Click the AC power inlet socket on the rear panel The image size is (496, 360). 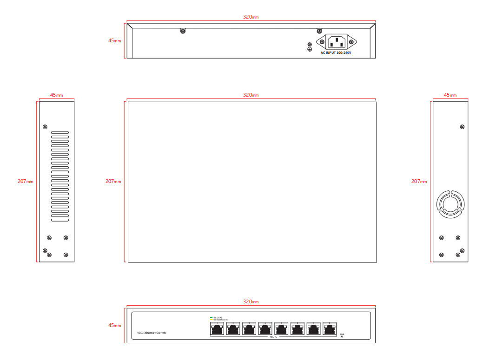click(x=336, y=42)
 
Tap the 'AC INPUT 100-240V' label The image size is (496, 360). click(x=336, y=53)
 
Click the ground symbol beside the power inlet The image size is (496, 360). click(x=310, y=48)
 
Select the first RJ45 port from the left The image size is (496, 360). click(x=217, y=329)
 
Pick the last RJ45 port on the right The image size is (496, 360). click(x=330, y=329)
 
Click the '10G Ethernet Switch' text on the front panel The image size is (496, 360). click(x=152, y=333)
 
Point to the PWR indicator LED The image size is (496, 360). click(x=342, y=336)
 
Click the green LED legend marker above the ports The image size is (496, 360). click(x=211, y=318)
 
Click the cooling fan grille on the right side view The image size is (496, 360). click(x=450, y=204)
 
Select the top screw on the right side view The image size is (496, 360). click(x=462, y=126)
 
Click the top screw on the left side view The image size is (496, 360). click(x=45, y=126)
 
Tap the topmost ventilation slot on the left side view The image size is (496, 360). click(x=60, y=133)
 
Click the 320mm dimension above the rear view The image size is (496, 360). click(x=251, y=17)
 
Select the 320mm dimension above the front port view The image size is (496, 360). click(x=251, y=302)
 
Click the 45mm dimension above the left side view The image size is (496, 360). click(x=56, y=95)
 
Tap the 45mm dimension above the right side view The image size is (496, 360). click(x=450, y=95)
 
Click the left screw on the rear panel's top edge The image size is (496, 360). click(x=183, y=32)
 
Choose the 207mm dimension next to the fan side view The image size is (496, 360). click(x=419, y=182)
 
